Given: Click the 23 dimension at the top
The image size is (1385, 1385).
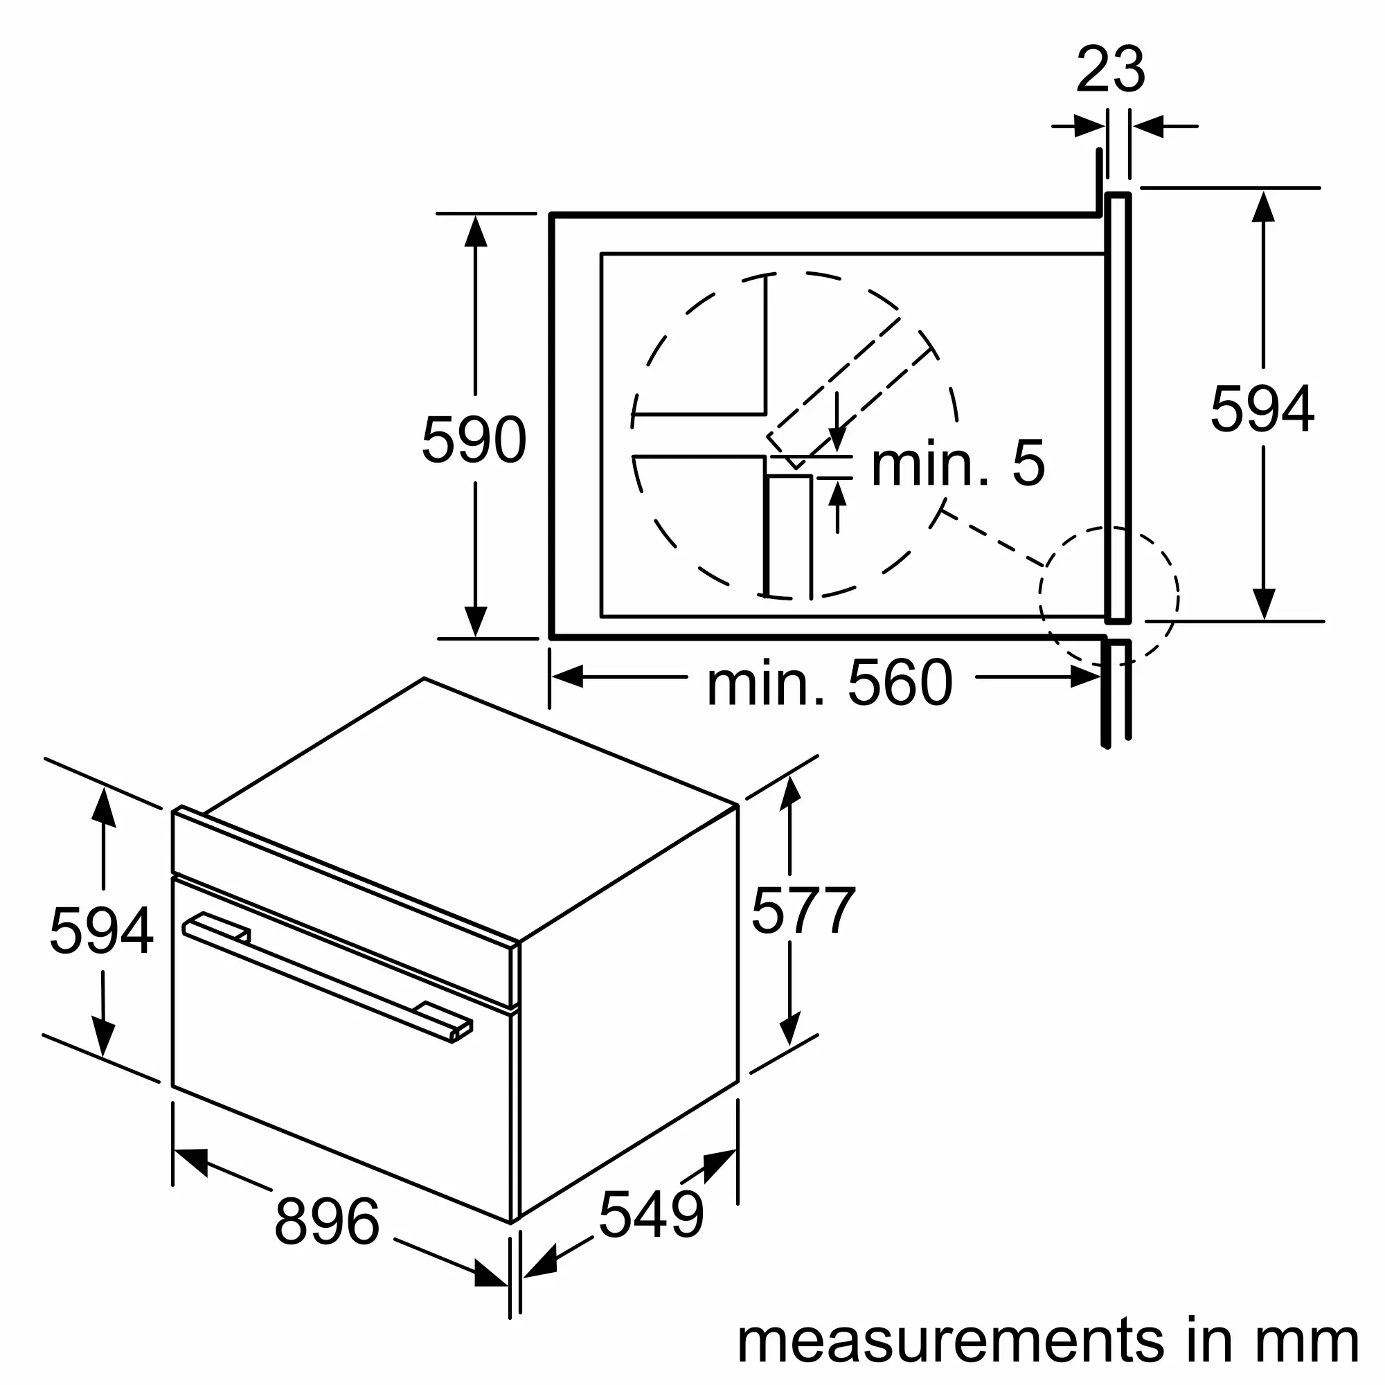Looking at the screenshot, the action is pyautogui.click(x=1111, y=69).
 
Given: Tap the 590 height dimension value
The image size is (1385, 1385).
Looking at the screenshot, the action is pyautogui.click(x=474, y=440).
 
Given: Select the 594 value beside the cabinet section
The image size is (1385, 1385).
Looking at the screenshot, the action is pyautogui.click(x=1262, y=408).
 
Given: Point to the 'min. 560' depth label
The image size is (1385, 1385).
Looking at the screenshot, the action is pyautogui.click(x=830, y=684).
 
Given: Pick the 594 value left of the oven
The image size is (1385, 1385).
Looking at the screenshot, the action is pyautogui.click(x=101, y=931).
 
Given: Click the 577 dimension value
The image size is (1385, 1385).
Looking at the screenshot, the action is pyautogui.click(x=803, y=910).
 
